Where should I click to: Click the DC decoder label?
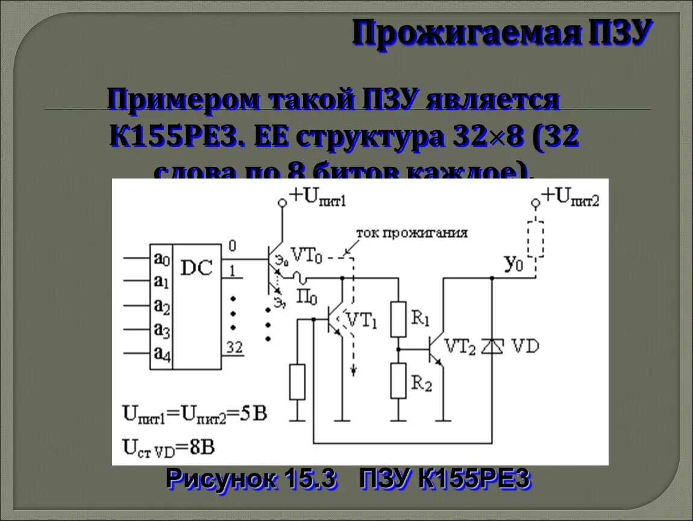pos(197,268)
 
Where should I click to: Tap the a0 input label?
pos(161,259)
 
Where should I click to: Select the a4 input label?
pos(161,354)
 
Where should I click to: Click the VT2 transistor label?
pos(461,346)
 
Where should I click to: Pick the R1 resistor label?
pos(421,317)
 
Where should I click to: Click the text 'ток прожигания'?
pos(412,233)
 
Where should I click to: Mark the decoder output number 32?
pos(234,347)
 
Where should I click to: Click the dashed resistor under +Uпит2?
pos(535,239)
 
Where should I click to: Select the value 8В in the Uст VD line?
pos(199,447)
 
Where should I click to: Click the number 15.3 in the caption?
pos(307,479)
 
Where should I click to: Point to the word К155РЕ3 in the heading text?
pos(177,138)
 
